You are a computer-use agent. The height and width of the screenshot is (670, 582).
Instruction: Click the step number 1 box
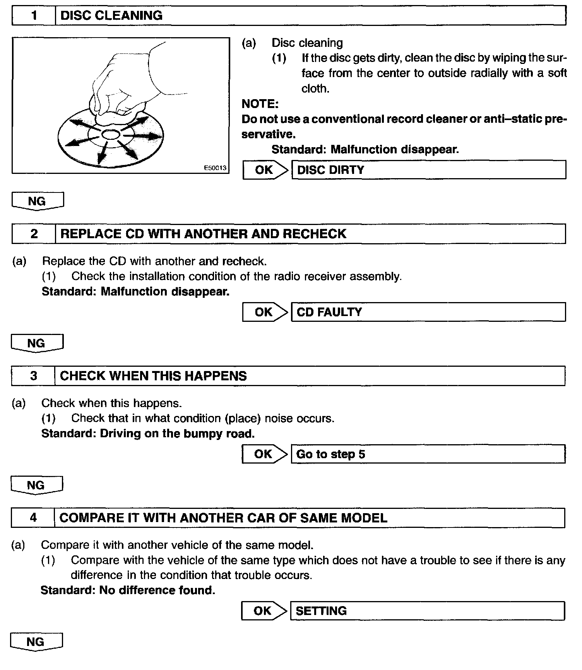coord(34,16)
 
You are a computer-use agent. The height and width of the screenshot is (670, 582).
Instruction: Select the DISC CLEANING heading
coord(111,16)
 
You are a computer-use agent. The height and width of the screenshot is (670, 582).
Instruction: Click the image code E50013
coord(215,168)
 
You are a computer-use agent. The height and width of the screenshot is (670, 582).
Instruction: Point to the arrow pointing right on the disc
coord(147,136)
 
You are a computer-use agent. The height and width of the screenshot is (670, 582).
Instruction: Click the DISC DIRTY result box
coord(428,170)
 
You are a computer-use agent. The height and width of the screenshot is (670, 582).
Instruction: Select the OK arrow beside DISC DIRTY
coord(265,170)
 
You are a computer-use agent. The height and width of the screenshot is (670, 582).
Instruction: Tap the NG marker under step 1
coord(37,201)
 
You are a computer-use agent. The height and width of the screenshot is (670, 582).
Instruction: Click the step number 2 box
coord(34,234)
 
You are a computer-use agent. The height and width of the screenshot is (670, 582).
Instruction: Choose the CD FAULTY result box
coord(428,312)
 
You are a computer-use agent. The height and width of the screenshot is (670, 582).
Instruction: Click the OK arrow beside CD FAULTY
coord(265,312)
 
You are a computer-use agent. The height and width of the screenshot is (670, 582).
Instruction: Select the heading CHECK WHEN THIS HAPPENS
coord(153,376)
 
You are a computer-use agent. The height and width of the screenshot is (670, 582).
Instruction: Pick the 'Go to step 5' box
coord(428,454)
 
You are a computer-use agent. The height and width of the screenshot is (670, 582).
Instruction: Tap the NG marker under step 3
coord(36,485)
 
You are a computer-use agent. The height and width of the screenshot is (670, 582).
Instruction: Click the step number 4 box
coord(33,518)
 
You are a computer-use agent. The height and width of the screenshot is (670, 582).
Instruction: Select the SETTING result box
coord(428,611)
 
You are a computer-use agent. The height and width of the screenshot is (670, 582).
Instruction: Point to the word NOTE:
coord(260,104)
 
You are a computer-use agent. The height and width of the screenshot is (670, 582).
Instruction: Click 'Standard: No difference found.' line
coord(128,590)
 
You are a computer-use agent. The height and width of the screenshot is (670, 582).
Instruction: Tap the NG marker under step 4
coord(36,642)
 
